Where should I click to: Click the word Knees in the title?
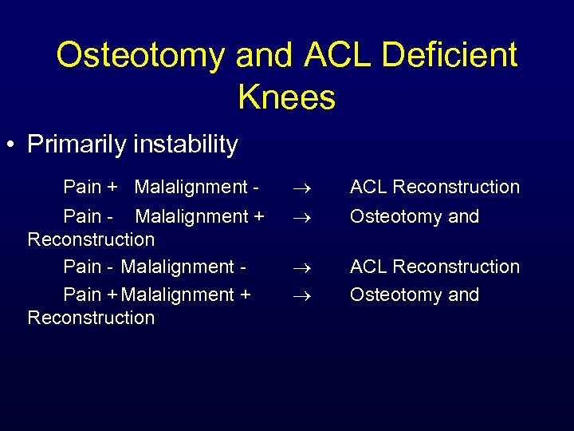286,97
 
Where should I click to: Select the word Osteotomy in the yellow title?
141,55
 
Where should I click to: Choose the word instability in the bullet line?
187,144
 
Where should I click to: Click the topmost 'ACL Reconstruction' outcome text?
434,187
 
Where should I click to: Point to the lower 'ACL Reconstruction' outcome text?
434,267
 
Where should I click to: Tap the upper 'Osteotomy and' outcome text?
415,216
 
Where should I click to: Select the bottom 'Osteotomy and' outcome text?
415,295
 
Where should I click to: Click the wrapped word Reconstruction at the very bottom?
91,318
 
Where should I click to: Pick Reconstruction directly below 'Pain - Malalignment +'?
91,239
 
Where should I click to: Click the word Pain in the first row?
82,187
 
